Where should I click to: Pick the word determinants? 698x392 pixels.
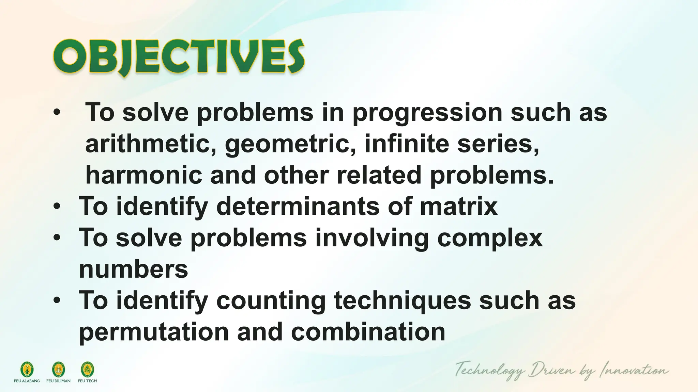tap(298, 206)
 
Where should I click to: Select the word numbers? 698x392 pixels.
tap(133, 269)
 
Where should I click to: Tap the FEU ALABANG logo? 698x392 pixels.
tap(27, 369)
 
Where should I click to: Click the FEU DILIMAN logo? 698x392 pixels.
tap(58, 369)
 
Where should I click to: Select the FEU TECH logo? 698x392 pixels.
tap(87, 369)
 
